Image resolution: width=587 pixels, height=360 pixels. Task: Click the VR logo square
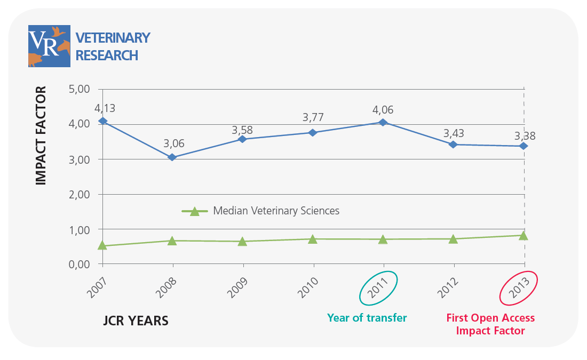[49, 46]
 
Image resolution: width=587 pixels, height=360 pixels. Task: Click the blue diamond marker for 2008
[172, 157]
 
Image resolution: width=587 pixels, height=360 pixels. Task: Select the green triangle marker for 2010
[313, 239]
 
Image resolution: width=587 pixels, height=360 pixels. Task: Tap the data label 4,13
[105, 109]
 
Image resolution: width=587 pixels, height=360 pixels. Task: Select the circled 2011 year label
[378, 289]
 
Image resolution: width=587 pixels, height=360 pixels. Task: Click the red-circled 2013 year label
[518, 289]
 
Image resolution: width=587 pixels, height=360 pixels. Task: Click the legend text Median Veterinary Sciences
[276, 211]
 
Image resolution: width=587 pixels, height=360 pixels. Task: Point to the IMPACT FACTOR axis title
[41, 135]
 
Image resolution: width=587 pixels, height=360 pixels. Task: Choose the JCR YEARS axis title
[136, 321]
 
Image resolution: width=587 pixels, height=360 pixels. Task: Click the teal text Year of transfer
[367, 318]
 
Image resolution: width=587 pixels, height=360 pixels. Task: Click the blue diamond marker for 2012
[454, 145]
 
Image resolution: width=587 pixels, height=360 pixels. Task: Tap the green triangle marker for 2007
[102, 245]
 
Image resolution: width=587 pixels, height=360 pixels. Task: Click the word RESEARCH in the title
[107, 55]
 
